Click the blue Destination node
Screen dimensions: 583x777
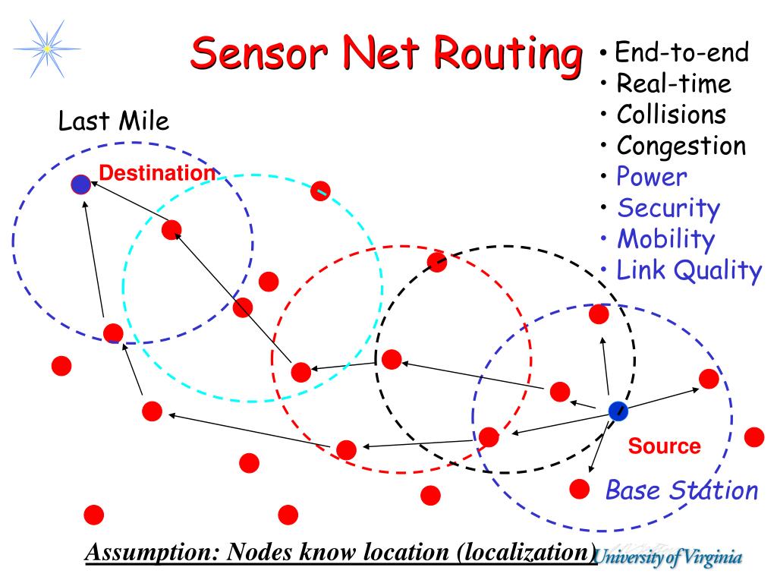tap(81, 184)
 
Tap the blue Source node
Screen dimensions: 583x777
tap(618, 411)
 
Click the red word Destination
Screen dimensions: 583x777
tap(157, 173)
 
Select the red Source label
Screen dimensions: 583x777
tap(664, 446)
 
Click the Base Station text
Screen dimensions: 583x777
tap(681, 490)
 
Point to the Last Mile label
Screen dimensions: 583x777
tap(114, 121)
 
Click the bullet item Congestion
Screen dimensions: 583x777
tap(681, 145)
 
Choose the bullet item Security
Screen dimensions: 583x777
tap(668, 207)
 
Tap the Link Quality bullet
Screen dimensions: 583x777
tap(688, 269)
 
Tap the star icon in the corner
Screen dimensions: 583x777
tap(47, 47)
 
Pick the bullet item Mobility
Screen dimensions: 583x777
tap(665, 239)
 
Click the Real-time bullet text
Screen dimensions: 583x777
tap(673, 84)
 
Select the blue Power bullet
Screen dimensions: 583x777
tap(651, 177)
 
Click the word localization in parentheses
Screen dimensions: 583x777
tap(524, 553)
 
